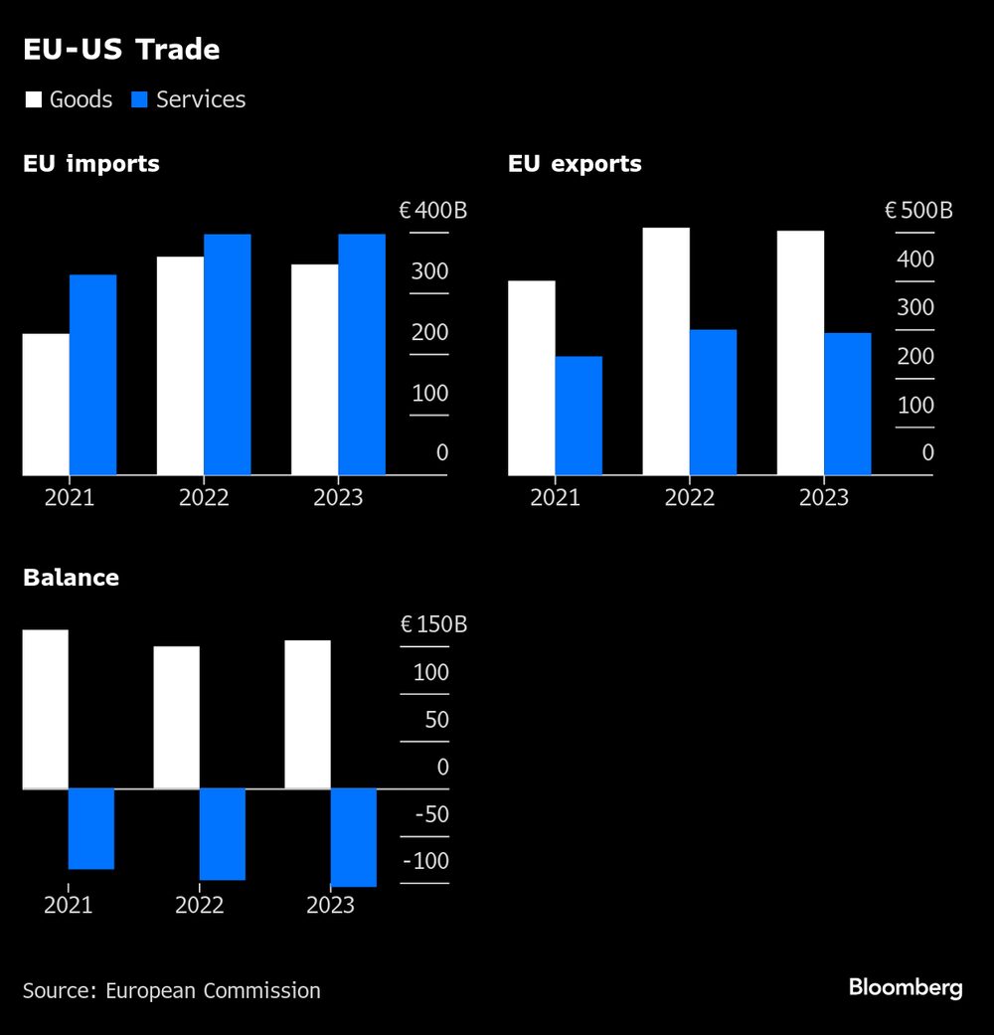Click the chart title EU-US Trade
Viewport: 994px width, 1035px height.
point(121,50)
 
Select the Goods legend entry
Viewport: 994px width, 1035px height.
point(69,99)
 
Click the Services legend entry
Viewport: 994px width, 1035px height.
point(188,99)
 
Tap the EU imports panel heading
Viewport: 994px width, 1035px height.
point(91,164)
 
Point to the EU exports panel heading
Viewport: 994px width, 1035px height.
point(575,164)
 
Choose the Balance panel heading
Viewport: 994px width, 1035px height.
point(71,578)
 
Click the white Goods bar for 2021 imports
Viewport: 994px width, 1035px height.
point(46,404)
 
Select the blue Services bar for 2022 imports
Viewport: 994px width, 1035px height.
point(227,355)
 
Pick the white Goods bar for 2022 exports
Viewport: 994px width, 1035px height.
point(666,351)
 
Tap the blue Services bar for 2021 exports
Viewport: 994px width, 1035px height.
point(579,416)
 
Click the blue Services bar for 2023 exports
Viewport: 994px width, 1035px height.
point(847,404)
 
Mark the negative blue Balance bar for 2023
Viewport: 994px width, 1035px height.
point(353,837)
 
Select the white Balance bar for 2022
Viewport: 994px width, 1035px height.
point(176,717)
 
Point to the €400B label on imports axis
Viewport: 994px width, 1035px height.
point(432,211)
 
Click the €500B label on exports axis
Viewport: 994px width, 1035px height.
point(918,211)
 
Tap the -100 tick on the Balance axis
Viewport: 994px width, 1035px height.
point(426,861)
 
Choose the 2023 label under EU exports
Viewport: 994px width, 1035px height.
point(824,497)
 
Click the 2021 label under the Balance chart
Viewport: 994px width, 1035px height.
point(69,905)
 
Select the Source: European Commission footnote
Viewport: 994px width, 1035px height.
point(172,990)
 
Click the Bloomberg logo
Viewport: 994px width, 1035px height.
point(905,987)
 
